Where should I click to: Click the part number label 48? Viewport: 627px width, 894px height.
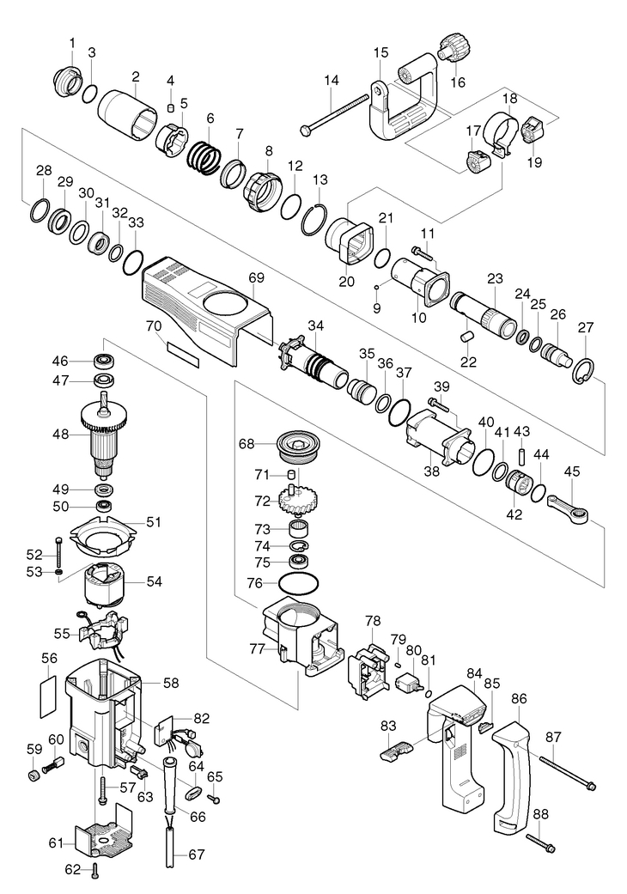point(59,435)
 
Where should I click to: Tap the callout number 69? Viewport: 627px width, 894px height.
point(257,278)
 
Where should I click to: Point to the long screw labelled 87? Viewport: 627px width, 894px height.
point(567,770)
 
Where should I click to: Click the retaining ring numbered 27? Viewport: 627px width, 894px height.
point(585,368)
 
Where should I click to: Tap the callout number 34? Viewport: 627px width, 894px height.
point(316,325)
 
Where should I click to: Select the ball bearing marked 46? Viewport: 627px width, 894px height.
point(105,360)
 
